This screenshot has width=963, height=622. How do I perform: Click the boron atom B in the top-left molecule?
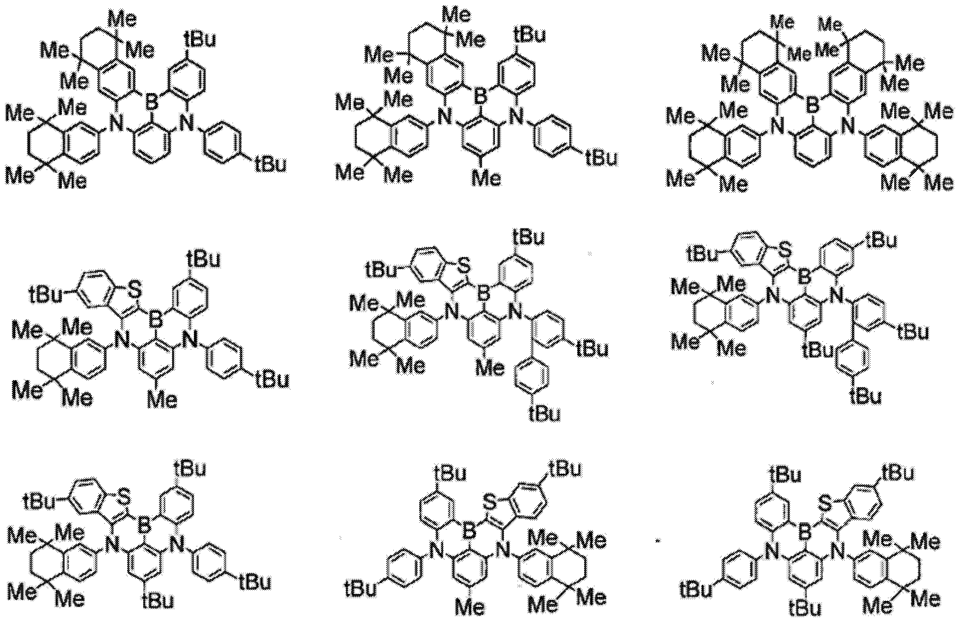coord(151,102)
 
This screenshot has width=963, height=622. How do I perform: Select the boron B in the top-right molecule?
coord(813,104)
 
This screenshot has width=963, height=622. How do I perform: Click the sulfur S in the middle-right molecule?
coord(785,253)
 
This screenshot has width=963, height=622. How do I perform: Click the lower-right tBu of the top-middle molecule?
coord(601,157)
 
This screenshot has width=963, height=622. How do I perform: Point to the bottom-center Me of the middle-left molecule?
coord(162,399)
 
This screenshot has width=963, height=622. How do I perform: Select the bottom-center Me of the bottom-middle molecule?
coord(470,607)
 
